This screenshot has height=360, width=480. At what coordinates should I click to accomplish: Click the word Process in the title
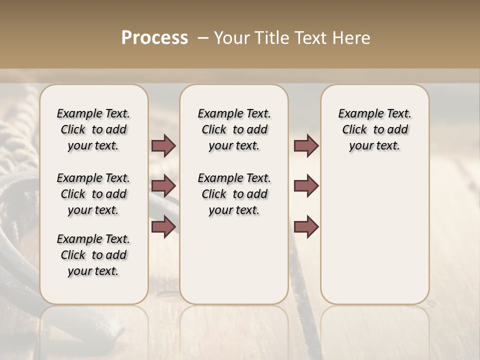tap(154, 38)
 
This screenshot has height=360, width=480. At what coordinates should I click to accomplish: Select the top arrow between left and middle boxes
tap(163, 145)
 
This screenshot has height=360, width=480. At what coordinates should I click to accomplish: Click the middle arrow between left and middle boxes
tap(163, 186)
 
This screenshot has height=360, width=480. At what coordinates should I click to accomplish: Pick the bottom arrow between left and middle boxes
tap(163, 226)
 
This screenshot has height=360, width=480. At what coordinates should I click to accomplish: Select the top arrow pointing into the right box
tap(306, 145)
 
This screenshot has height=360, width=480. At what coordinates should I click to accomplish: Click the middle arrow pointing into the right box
tap(306, 186)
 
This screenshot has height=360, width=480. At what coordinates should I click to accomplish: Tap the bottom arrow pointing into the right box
tap(306, 226)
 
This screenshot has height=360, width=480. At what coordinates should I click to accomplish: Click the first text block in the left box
tap(93, 129)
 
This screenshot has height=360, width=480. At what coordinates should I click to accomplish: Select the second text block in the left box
tap(93, 194)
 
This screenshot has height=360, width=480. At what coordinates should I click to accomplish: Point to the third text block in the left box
tap(93, 255)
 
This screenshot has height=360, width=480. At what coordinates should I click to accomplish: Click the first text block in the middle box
tap(234, 129)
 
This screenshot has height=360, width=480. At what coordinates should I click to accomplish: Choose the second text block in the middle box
tap(234, 194)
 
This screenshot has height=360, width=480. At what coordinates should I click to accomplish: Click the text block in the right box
tap(374, 129)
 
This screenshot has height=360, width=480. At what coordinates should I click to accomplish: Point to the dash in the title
tap(203, 38)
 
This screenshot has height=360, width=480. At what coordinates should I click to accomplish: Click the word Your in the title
tap(231, 38)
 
